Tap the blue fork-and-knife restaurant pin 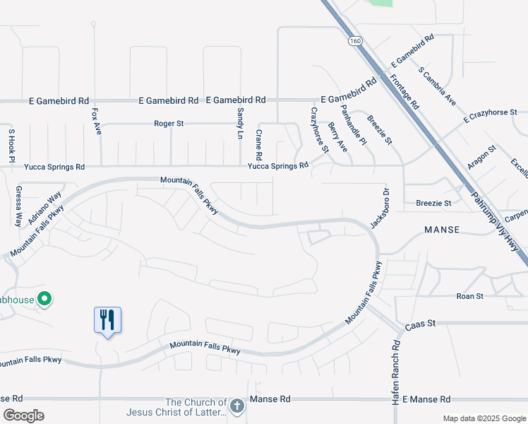107,320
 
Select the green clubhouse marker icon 44,300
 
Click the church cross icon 237,406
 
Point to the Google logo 23,415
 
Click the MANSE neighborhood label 443,230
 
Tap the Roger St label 169,124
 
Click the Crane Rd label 259,145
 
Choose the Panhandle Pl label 354,125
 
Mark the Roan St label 469,297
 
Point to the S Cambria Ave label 436,87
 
